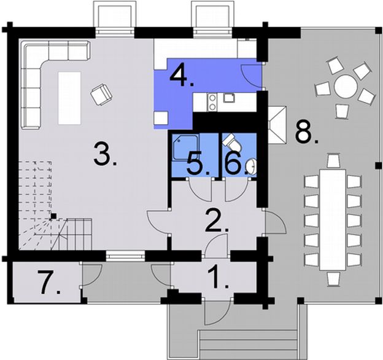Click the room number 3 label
coord(106,154)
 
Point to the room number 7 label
coord(51,283)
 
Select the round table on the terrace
coord(346,87)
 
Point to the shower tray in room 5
coord(182,148)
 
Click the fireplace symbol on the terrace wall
coord(277,123)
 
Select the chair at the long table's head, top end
coord(333,161)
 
